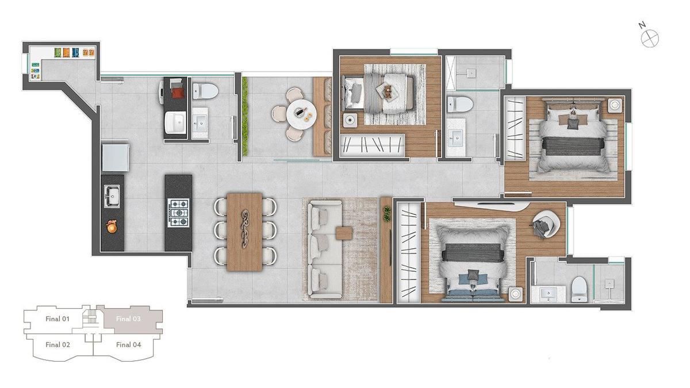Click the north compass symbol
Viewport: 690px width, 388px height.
tap(650, 39)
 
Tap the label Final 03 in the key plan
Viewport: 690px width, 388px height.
tap(128, 318)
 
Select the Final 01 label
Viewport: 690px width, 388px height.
tap(57, 318)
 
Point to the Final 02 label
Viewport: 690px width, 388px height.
tap(57, 345)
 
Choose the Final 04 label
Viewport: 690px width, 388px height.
tap(128, 345)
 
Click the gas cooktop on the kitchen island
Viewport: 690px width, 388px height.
tap(178, 212)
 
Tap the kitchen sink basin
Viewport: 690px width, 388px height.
tap(112, 196)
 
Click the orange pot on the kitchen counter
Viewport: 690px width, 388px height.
tap(112, 228)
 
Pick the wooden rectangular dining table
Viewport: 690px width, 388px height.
tap(245, 231)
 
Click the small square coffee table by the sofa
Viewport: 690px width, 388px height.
tap(344, 233)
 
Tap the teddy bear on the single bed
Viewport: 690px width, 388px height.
tap(388, 90)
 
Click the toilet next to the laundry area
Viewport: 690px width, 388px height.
tap(205, 91)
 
